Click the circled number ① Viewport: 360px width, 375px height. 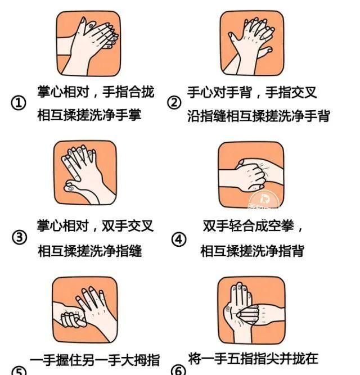(x=19, y=103)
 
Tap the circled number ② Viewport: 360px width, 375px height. (x=174, y=103)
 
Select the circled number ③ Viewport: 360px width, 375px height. (x=19, y=237)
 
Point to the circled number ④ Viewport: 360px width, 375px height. (x=179, y=240)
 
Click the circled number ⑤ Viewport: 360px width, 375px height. (x=19, y=371)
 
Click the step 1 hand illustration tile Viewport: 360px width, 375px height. (x=88, y=43)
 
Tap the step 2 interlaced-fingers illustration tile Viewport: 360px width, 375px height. (x=252, y=43)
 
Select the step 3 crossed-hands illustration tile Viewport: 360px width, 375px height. (x=85, y=173)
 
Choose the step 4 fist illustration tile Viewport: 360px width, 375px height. (x=251, y=175)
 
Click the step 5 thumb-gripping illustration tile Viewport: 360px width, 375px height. (x=85, y=310)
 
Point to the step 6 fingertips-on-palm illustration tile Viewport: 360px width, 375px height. (x=251, y=310)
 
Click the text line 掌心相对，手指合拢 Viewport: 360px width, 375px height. (x=96, y=92)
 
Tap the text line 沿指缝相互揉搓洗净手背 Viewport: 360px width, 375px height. (x=259, y=116)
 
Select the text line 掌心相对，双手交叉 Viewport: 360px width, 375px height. (x=95, y=226)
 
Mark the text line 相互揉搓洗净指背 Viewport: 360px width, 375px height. (x=252, y=251)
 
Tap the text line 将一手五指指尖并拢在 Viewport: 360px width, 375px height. (x=253, y=359)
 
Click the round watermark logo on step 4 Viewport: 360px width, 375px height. (x=264, y=200)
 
